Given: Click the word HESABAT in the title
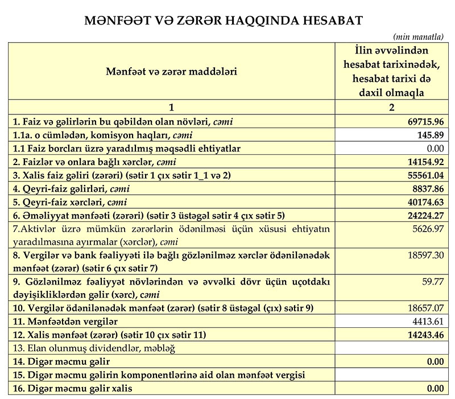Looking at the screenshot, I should click(x=329, y=20).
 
